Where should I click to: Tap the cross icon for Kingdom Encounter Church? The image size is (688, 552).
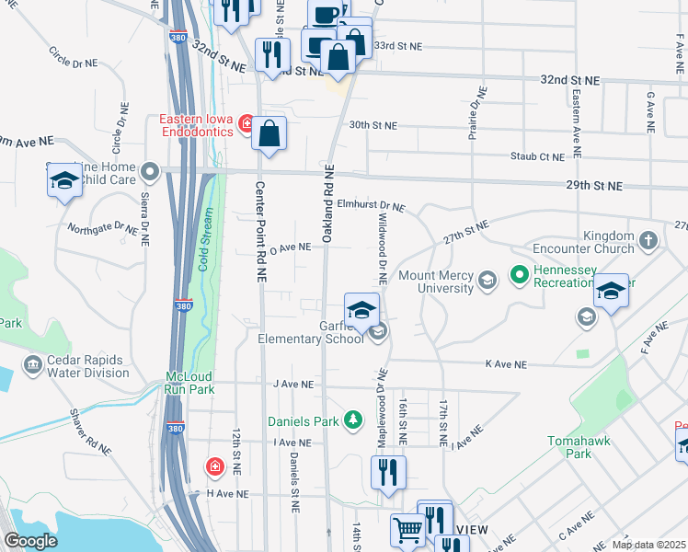[648, 241]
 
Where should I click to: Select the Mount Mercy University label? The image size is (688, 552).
[436, 282]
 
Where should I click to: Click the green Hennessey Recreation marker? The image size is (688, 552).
[518, 274]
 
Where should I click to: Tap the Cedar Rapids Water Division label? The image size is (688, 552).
[77, 366]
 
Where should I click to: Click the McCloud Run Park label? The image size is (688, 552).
[190, 383]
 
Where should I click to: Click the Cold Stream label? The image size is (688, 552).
[206, 241]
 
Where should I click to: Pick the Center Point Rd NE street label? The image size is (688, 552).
[260, 230]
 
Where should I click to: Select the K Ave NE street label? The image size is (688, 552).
[507, 364]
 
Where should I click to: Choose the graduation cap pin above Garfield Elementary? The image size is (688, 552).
[362, 309]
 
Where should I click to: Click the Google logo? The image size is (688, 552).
[30, 541]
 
